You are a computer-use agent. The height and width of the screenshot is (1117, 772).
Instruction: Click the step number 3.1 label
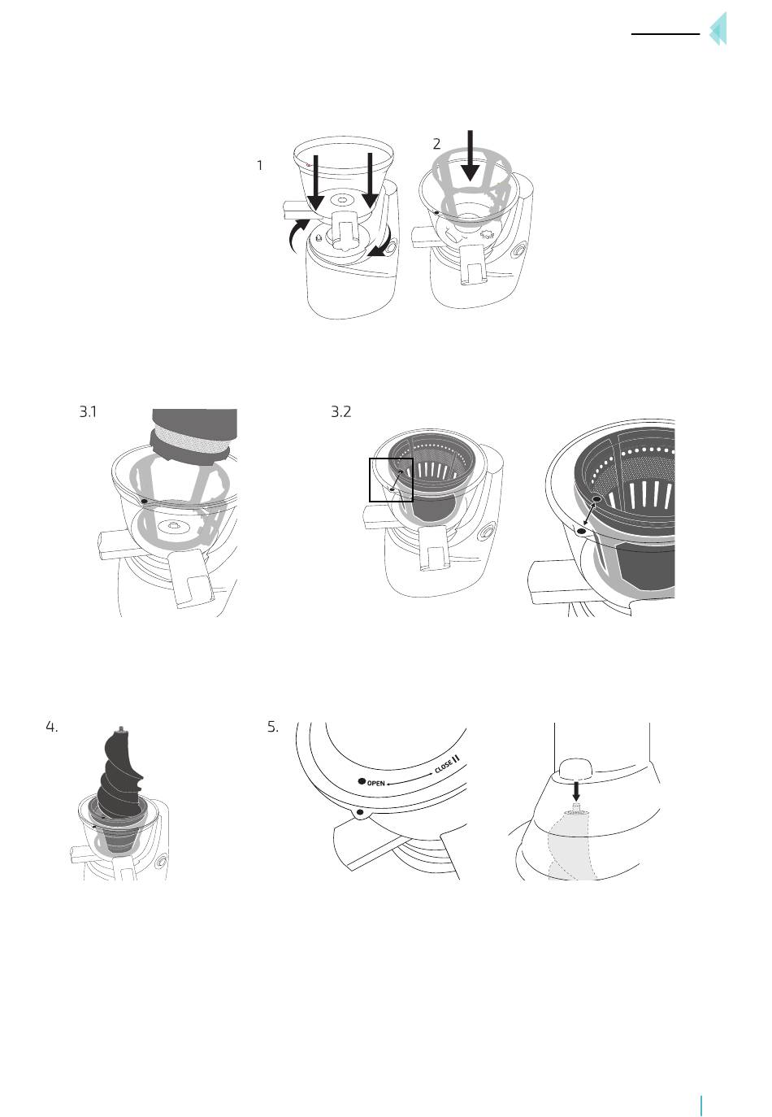pyautogui.click(x=89, y=412)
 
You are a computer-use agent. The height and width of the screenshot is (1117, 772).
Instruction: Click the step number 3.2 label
pyautogui.click(x=341, y=412)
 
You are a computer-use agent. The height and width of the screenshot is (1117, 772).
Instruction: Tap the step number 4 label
pyautogui.click(x=52, y=727)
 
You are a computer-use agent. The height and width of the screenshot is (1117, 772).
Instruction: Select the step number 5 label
pyautogui.click(x=272, y=727)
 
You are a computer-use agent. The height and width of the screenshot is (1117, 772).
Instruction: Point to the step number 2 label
pyautogui.click(x=436, y=144)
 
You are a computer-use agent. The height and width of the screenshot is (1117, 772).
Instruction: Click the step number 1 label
pyautogui.click(x=260, y=166)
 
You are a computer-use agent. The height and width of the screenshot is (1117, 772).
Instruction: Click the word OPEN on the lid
pyautogui.click(x=375, y=783)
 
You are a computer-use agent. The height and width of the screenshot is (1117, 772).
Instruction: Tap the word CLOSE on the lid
pyautogui.click(x=443, y=767)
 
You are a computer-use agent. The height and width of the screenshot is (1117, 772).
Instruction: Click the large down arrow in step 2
pyautogui.click(x=470, y=156)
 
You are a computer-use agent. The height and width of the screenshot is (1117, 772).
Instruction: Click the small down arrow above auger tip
pyautogui.click(x=576, y=791)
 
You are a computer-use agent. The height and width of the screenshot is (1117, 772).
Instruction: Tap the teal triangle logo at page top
pyautogui.click(x=718, y=29)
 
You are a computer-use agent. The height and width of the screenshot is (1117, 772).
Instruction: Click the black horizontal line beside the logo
pyautogui.click(x=666, y=34)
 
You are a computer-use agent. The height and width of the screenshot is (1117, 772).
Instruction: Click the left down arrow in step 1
pyautogui.click(x=315, y=183)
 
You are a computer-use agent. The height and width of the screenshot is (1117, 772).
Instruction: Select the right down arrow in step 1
pyautogui.click(x=370, y=180)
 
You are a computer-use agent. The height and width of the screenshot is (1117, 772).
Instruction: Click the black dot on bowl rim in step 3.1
pyautogui.click(x=144, y=500)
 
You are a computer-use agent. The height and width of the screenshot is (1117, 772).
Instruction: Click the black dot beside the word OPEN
pyautogui.click(x=362, y=781)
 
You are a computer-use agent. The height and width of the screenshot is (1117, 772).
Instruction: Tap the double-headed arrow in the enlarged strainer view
pyautogui.click(x=590, y=515)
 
